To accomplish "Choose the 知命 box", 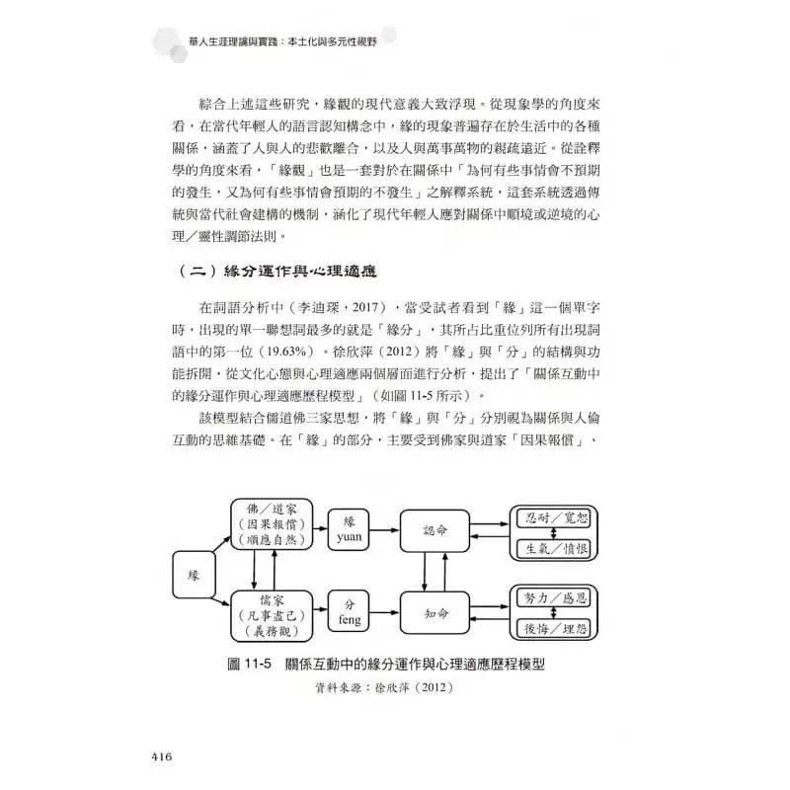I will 435,613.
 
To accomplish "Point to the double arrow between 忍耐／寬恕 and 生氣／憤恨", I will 555,531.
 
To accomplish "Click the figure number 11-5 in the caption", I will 250,664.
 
